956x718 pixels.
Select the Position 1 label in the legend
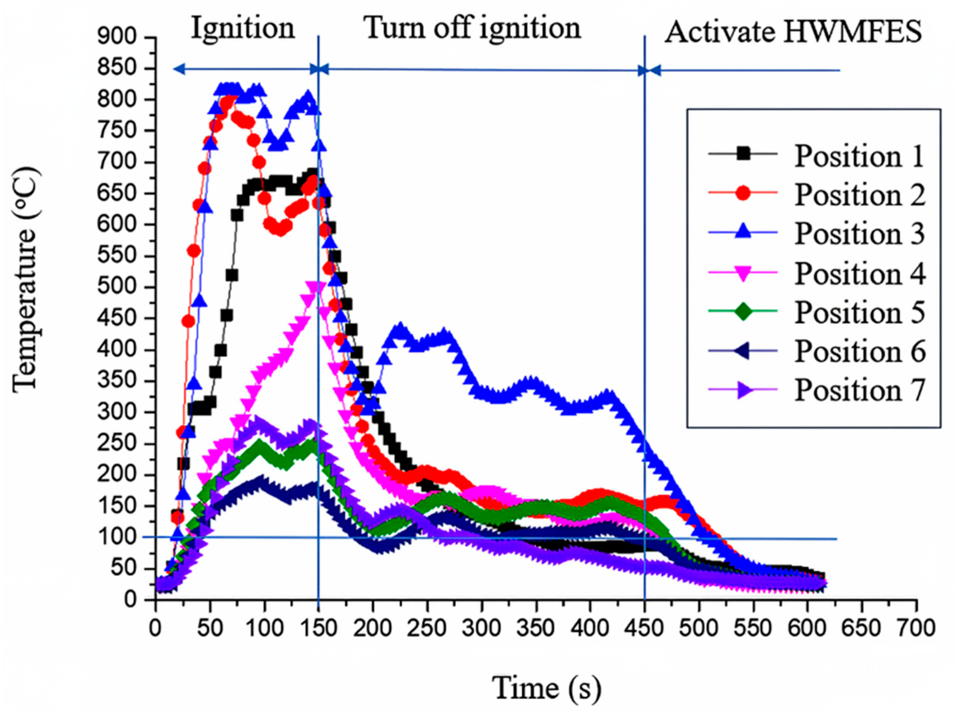[859, 156]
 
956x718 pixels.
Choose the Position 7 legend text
[859, 390]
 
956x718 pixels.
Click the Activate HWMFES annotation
[793, 32]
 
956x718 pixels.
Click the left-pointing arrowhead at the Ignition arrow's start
[178, 69]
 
